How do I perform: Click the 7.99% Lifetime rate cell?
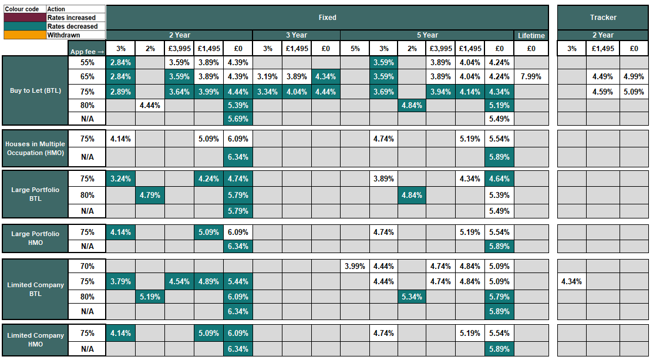pyautogui.click(x=531, y=76)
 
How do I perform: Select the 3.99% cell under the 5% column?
pyautogui.click(x=355, y=266)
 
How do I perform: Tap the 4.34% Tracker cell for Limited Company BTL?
pyautogui.click(x=571, y=281)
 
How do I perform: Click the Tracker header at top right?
pyautogui.click(x=603, y=18)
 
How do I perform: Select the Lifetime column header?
pyautogui.click(x=531, y=35)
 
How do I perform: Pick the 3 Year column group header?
pyautogui.click(x=296, y=35)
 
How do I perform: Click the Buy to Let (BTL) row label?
pyautogui.click(x=35, y=91)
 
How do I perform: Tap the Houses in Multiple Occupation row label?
pyautogui.click(x=35, y=148)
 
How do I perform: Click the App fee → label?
pyautogui.click(x=87, y=52)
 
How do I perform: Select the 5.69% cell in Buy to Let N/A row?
pyautogui.click(x=238, y=119)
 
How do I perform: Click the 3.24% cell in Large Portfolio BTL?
pyautogui.click(x=120, y=179)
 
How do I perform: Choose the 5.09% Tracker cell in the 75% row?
pyautogui.click(x=634, y=92)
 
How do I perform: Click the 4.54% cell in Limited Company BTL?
pyautogui.click(x=179, y=281)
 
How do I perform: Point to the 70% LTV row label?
pyautogui.click(x=87, y=266)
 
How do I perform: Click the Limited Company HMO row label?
pyautogui.click(x=35, y=339)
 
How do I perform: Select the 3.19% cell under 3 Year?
pyautogui.click(x=267, y=76)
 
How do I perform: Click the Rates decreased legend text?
pyautogui.click(x=73, y=26)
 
